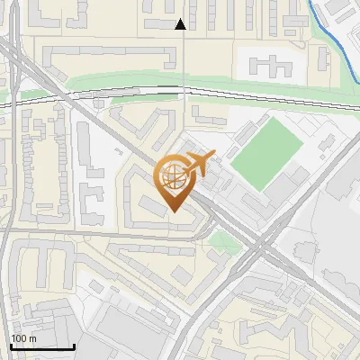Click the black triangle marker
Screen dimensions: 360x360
click(x=181, y=24)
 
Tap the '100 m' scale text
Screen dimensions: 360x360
click(x=24, y=337)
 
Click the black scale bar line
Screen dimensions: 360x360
click(x=41, y=346)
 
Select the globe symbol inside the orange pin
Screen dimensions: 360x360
click(x=173, y=177)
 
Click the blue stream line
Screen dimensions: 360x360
click(x=337, y=45)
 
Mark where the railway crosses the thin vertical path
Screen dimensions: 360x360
click(x=184, y=91)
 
